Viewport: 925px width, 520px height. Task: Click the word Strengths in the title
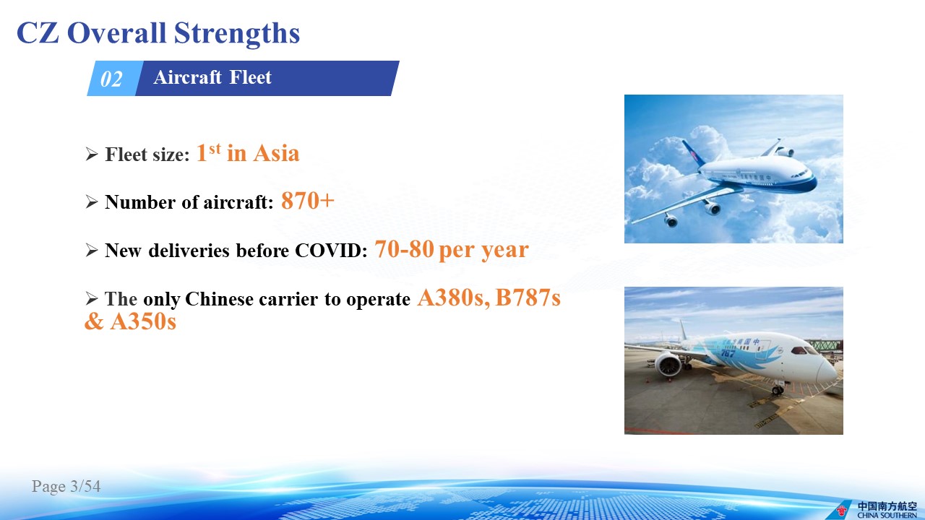(236, 34)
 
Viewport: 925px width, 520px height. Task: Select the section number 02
(111, 79)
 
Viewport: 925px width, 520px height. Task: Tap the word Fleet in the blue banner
(250, 77)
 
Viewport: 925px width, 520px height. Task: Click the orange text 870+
(308, 201)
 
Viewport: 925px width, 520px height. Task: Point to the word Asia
(276, 154)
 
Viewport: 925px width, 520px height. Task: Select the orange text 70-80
(404, 249)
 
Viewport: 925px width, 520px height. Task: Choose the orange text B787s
(528, 297)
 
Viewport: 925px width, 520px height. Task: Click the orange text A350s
(143, 321)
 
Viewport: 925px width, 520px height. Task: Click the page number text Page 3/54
(66, 486)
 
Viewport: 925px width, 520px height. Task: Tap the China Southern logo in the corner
(878, 510)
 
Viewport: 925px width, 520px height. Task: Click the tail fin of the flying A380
(693, 152)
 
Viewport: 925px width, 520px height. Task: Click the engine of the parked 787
(668, 364)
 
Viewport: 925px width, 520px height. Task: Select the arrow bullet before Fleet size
(92, 154)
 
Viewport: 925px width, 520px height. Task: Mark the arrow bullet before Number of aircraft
(92, 201)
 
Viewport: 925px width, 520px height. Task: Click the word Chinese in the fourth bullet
(219, 299)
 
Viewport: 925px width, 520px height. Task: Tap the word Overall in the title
(116, 33)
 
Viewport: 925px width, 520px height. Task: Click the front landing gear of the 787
(778, 389)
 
